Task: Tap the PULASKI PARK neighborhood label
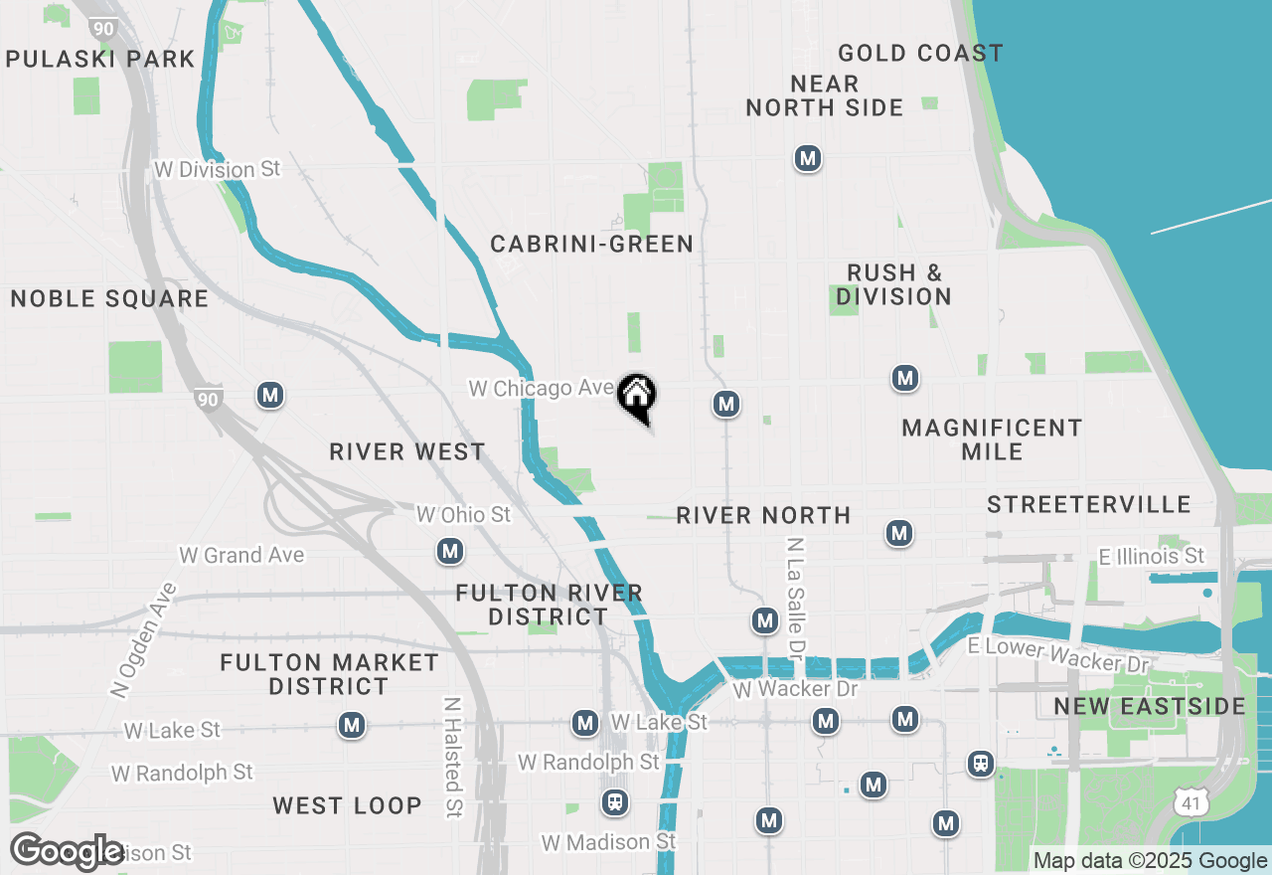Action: point(100,59)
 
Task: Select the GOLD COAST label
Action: point(920,53)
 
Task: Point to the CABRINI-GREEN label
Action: point(591,244)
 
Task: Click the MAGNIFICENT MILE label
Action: point(992,439)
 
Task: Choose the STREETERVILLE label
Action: point(1089,504)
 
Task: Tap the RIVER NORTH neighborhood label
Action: point(763,515)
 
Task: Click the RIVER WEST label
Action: point(407,452)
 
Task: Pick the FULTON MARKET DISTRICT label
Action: point(329,674)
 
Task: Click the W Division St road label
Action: point(218,169)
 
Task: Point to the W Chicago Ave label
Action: point(542,388)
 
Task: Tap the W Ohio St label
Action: point(463,514)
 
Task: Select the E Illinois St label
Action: point(1151,556)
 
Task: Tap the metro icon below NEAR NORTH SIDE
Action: point(808,158)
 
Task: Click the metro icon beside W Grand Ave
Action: point(450,551)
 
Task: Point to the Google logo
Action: point(67,851)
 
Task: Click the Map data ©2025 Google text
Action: point(1150,861)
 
